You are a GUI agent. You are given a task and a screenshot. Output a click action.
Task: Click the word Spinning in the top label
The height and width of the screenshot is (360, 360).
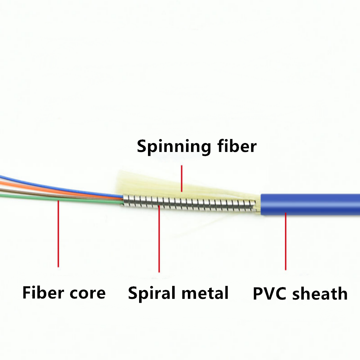pos(174,147)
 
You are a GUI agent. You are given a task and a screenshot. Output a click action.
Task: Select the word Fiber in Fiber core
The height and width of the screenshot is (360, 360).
pos(43,292)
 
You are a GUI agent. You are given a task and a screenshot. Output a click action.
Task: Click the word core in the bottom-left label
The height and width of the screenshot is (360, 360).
pos(88,293)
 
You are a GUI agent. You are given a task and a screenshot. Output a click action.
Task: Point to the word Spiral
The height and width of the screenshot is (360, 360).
pos(152,293)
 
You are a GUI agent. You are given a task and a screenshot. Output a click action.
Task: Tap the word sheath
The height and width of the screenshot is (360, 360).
pos(319,293)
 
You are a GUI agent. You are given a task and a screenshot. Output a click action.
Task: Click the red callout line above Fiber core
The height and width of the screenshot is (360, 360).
pos(58,234)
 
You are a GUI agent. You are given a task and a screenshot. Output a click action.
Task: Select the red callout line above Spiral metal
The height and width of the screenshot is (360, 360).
pos(159,239)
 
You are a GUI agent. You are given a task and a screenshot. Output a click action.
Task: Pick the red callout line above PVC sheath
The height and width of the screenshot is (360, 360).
pos(286,241)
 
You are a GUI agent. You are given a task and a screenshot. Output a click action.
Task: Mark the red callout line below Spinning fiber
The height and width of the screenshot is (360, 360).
pos(182,178)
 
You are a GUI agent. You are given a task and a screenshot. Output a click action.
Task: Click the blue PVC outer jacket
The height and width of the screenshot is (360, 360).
pos(310,205)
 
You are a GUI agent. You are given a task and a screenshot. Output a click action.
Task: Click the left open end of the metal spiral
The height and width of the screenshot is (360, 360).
pos(123,200)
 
